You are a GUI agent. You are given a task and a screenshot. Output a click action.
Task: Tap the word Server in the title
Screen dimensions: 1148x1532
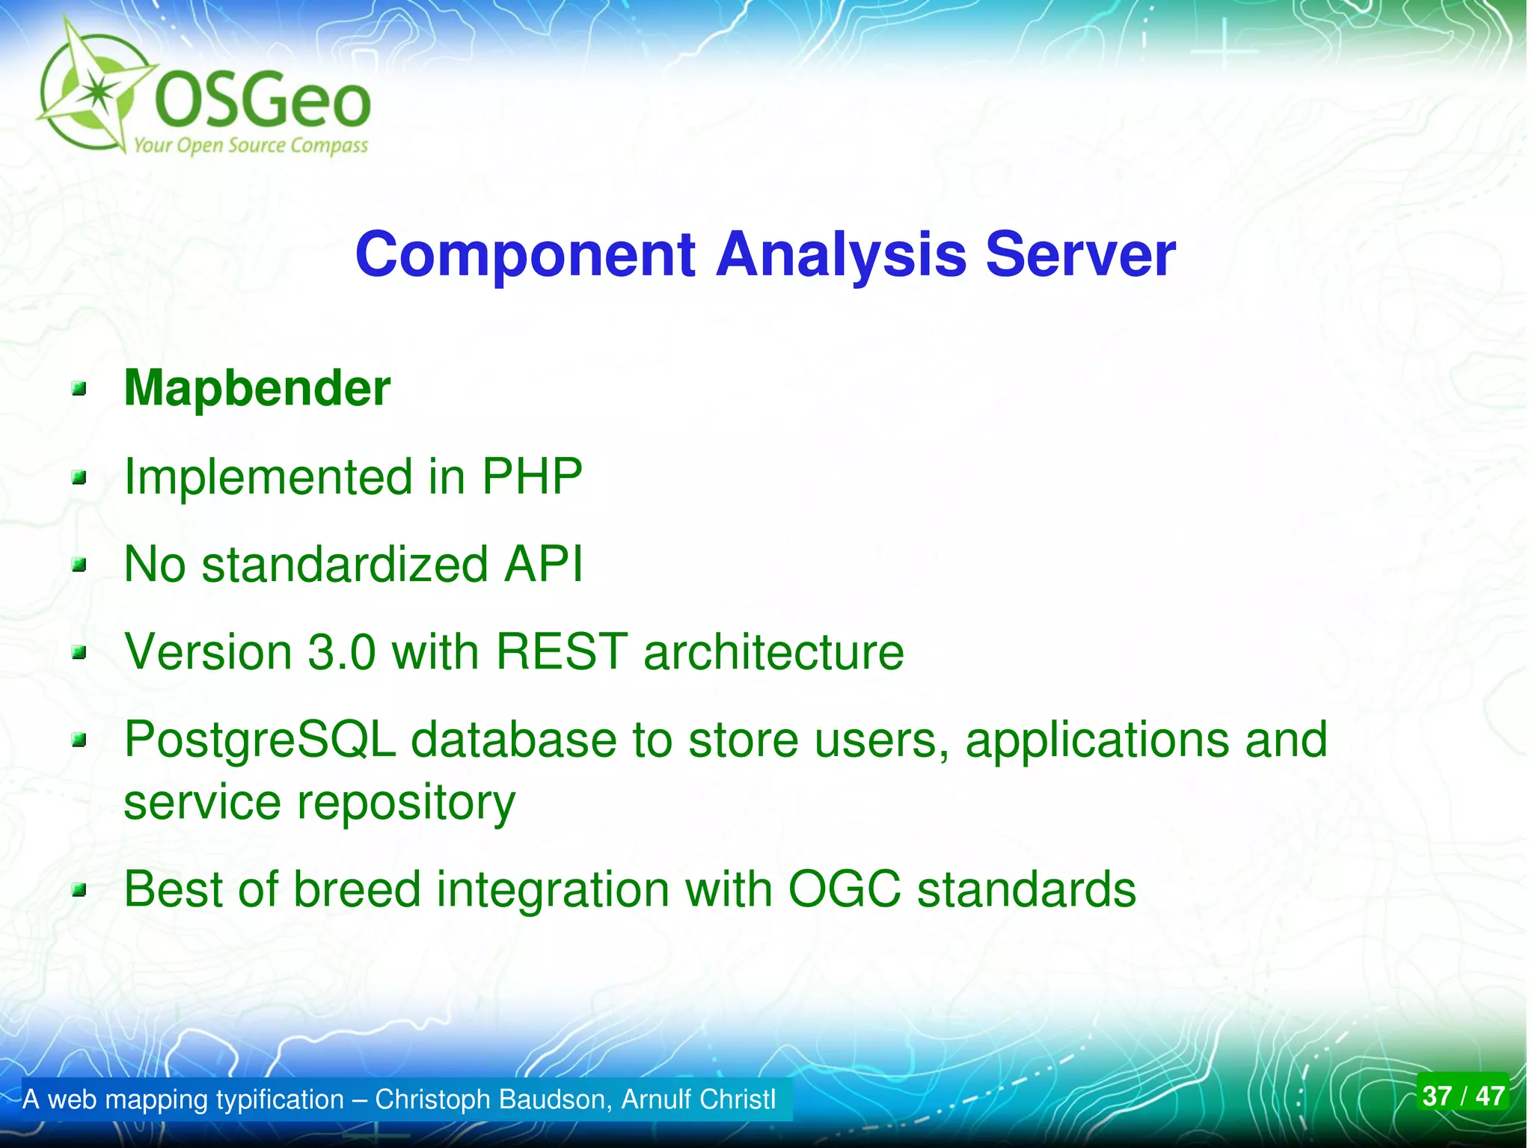pos(1080,254)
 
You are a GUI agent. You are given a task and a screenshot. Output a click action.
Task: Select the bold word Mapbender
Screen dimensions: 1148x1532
pos(257,390)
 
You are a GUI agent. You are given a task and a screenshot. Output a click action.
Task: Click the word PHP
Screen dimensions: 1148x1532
pos(532,476)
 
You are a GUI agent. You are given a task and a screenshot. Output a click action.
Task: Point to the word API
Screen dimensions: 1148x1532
pos(543,564)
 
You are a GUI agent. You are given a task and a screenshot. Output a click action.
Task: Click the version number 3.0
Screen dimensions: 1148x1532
pos(341,651)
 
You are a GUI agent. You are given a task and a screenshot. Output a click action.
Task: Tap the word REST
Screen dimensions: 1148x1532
pos(561,651)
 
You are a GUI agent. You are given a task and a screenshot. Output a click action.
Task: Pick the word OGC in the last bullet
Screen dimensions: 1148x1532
pos(844,889)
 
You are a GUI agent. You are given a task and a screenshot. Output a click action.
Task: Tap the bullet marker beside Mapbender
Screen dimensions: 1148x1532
pos(79,389)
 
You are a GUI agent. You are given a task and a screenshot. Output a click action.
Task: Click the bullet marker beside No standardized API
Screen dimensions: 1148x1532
pos(79,565)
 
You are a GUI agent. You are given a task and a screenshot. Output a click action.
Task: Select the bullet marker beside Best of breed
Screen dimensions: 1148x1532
pos(79,890)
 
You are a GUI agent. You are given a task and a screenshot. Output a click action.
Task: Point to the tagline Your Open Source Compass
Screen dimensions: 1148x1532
pos(251,146)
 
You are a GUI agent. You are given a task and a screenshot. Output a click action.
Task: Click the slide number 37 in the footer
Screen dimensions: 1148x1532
pos(1436,1096)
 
